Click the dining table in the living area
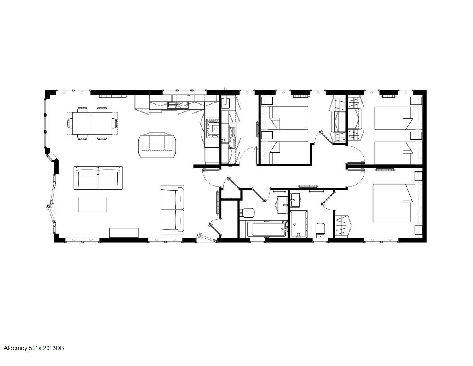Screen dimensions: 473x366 pyautogui.click(x=92, y=123)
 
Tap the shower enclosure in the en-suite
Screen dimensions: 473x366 pyautogui.click(x=299, y=224)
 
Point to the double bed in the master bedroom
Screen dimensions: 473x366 pyautogui.click(x=393, y=203)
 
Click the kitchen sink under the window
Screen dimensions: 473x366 pyautogui.click(x=178, y=105)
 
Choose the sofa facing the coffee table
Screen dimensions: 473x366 pyautogui.click(x=98, y=177)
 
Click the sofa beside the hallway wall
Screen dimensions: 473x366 pyautogui.click(x=172, y=210)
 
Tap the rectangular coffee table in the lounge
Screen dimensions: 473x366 pyautogui.click(x=92, y=204)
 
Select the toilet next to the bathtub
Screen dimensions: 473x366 pyautogui.click(x=247, y=212)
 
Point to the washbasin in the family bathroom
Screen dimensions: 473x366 pyautogui.click(x=282, y=204)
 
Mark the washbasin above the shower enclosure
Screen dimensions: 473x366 pyautogui.click(x=295, y=200)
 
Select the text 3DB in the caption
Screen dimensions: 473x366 pyautogui.click(x=58, y=348)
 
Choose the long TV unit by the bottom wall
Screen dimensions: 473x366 pyautogui.click(x=124, y=232)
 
